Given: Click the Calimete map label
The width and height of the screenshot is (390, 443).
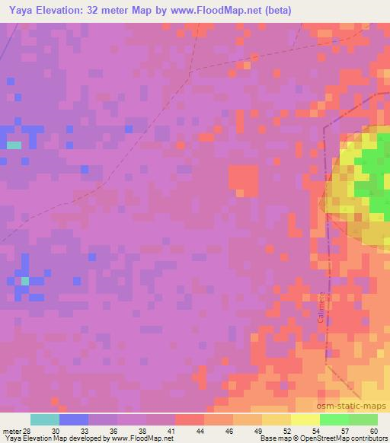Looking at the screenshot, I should pyautogui.click(x=322, y=308).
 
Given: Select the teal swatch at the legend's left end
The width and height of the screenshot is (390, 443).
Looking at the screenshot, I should pyautogui.click(x=45, y=419).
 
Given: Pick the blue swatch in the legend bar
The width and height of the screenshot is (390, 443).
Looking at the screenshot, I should pyautogui.click(x=74, y=419).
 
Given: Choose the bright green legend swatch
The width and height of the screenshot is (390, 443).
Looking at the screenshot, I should pyautogui.click(x=334, y=419).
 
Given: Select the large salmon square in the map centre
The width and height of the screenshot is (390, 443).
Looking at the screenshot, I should pyautogui.click(x=243, y=180).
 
